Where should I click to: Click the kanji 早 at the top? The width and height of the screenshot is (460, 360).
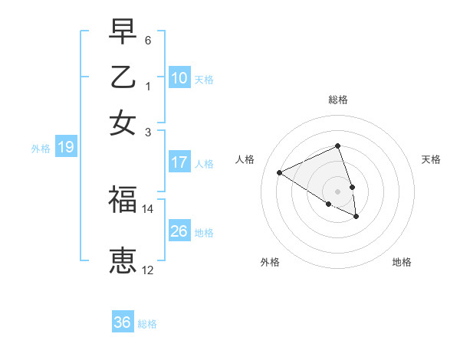123,34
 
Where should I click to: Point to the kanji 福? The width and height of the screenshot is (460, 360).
123,201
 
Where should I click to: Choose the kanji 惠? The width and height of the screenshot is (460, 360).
123,260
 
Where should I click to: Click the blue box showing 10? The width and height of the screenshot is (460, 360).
179,77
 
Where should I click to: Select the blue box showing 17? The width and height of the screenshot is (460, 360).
179,162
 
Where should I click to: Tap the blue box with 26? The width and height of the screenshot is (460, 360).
179,231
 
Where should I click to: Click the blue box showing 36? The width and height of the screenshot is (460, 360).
123,322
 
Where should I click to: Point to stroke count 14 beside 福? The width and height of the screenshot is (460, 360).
148,208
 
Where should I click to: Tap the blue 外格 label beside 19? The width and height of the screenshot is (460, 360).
41,149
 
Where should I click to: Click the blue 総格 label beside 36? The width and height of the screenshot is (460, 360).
147,323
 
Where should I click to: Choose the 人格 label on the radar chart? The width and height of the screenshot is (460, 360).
245,159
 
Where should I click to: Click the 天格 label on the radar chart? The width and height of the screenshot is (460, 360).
431,159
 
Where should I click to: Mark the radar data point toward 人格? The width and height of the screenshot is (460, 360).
280,172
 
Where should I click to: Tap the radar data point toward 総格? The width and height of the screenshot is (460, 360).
337,146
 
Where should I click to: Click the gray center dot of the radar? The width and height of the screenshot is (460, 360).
337,191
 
